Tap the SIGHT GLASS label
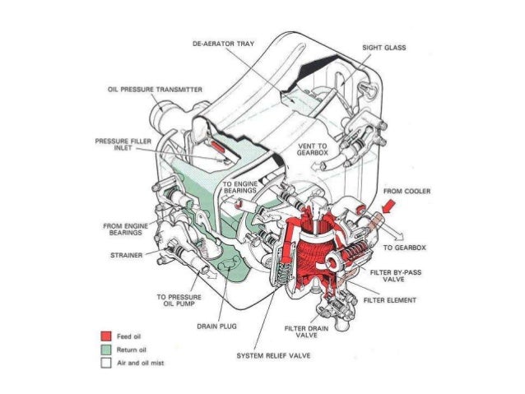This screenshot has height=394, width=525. coord(383,49)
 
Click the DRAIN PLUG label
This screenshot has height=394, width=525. coord(217,327)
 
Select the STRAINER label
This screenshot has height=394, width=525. coord(124,255)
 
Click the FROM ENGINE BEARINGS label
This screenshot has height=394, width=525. coord(125,228)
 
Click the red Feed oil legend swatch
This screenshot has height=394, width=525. coord(105,336)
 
